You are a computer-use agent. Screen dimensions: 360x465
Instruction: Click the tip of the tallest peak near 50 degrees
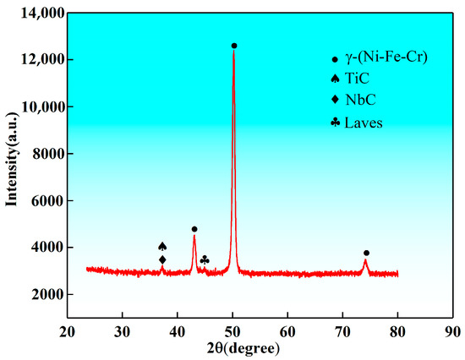233,53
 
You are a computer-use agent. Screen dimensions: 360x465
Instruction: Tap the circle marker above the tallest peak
234,46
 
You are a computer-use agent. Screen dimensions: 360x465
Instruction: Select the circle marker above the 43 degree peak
194,229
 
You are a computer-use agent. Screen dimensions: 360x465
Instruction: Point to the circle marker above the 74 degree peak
366,253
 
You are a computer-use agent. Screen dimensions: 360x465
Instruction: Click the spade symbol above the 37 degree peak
162,246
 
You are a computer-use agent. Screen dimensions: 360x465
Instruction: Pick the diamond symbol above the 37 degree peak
162,259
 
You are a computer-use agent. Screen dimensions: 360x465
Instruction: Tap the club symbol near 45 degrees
205,259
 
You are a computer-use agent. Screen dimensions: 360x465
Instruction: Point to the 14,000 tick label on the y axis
41,14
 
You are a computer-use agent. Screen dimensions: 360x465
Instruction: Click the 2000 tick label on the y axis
46,295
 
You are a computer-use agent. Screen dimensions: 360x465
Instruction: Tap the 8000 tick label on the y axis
46,154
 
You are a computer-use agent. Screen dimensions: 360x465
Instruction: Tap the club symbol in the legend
336,123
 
